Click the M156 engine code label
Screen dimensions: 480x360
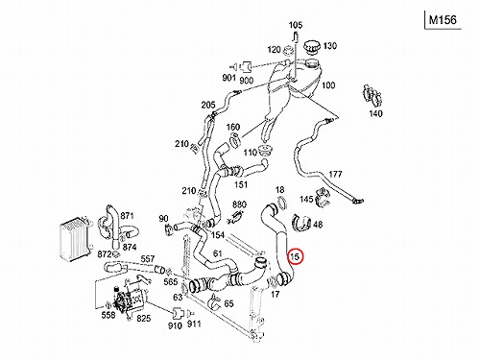tap(443, 20)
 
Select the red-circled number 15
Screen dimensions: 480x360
tap(295, 256)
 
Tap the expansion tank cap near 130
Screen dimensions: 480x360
tap(312, 47)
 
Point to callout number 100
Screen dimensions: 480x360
tap(328, 85)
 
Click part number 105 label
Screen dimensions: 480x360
tap(296, 25)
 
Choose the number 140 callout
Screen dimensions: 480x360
tap(375, 113)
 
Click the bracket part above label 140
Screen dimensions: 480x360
tap(372, 96)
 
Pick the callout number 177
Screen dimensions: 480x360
tap(335, 174)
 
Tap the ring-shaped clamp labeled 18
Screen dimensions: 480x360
tap(281, 204)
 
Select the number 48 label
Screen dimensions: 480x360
tap(318, 225)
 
